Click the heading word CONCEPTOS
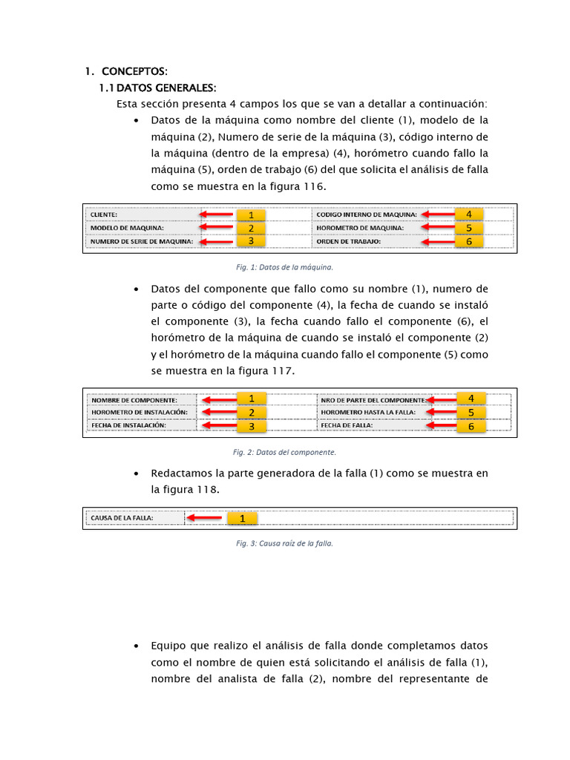tap(134, 72)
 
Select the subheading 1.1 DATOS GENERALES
tap(157, 88)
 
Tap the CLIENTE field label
tap(104, 214)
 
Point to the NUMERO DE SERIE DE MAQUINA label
tap(142, 241)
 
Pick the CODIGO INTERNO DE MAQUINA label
tap(367, 214)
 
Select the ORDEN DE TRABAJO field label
tap(348, 241)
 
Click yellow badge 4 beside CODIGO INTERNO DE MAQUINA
tap(468, 214)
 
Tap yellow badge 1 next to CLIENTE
tap(251, 215)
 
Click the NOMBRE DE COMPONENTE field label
tap(134, 399)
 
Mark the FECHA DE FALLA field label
tap(347, 426)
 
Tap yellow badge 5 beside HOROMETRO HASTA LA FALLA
tap(471, 412)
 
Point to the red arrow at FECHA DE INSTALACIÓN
tap(219, 425)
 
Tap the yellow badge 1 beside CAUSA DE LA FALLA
tap(242, 518)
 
